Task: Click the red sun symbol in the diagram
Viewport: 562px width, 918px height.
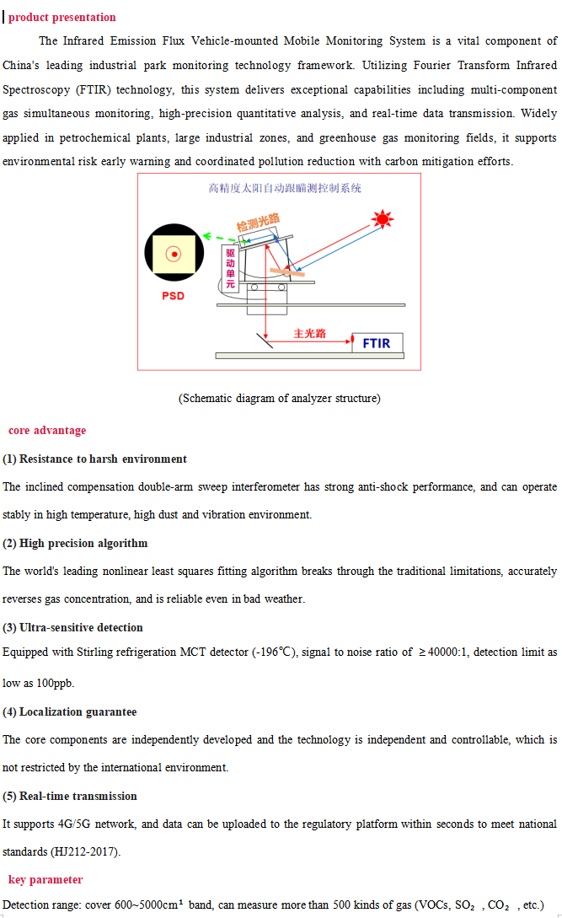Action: tap(383, 220)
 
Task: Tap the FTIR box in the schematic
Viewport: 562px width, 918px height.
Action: tap(377, 343)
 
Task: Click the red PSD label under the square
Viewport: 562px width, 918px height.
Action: tap(173, 296)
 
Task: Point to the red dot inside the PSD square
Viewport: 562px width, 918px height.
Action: tap(174, 254)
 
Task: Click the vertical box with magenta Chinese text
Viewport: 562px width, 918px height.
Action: tap(230, 269)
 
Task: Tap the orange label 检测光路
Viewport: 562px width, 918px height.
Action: tap(258, 223)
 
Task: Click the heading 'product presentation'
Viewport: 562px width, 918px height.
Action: tap(62, 18)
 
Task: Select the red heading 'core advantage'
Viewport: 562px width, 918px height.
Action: tap(47, 431)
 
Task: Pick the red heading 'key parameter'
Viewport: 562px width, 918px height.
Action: tap(45, 880)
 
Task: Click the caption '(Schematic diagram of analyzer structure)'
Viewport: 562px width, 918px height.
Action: tap(279, 399)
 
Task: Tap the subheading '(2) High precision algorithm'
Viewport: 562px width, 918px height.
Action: tap(75, 544)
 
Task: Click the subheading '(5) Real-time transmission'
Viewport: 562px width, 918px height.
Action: tap(70, 797)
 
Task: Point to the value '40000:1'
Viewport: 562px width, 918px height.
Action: tap(447, 652)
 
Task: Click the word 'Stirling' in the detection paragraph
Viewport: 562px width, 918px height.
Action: tap(115, 652)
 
